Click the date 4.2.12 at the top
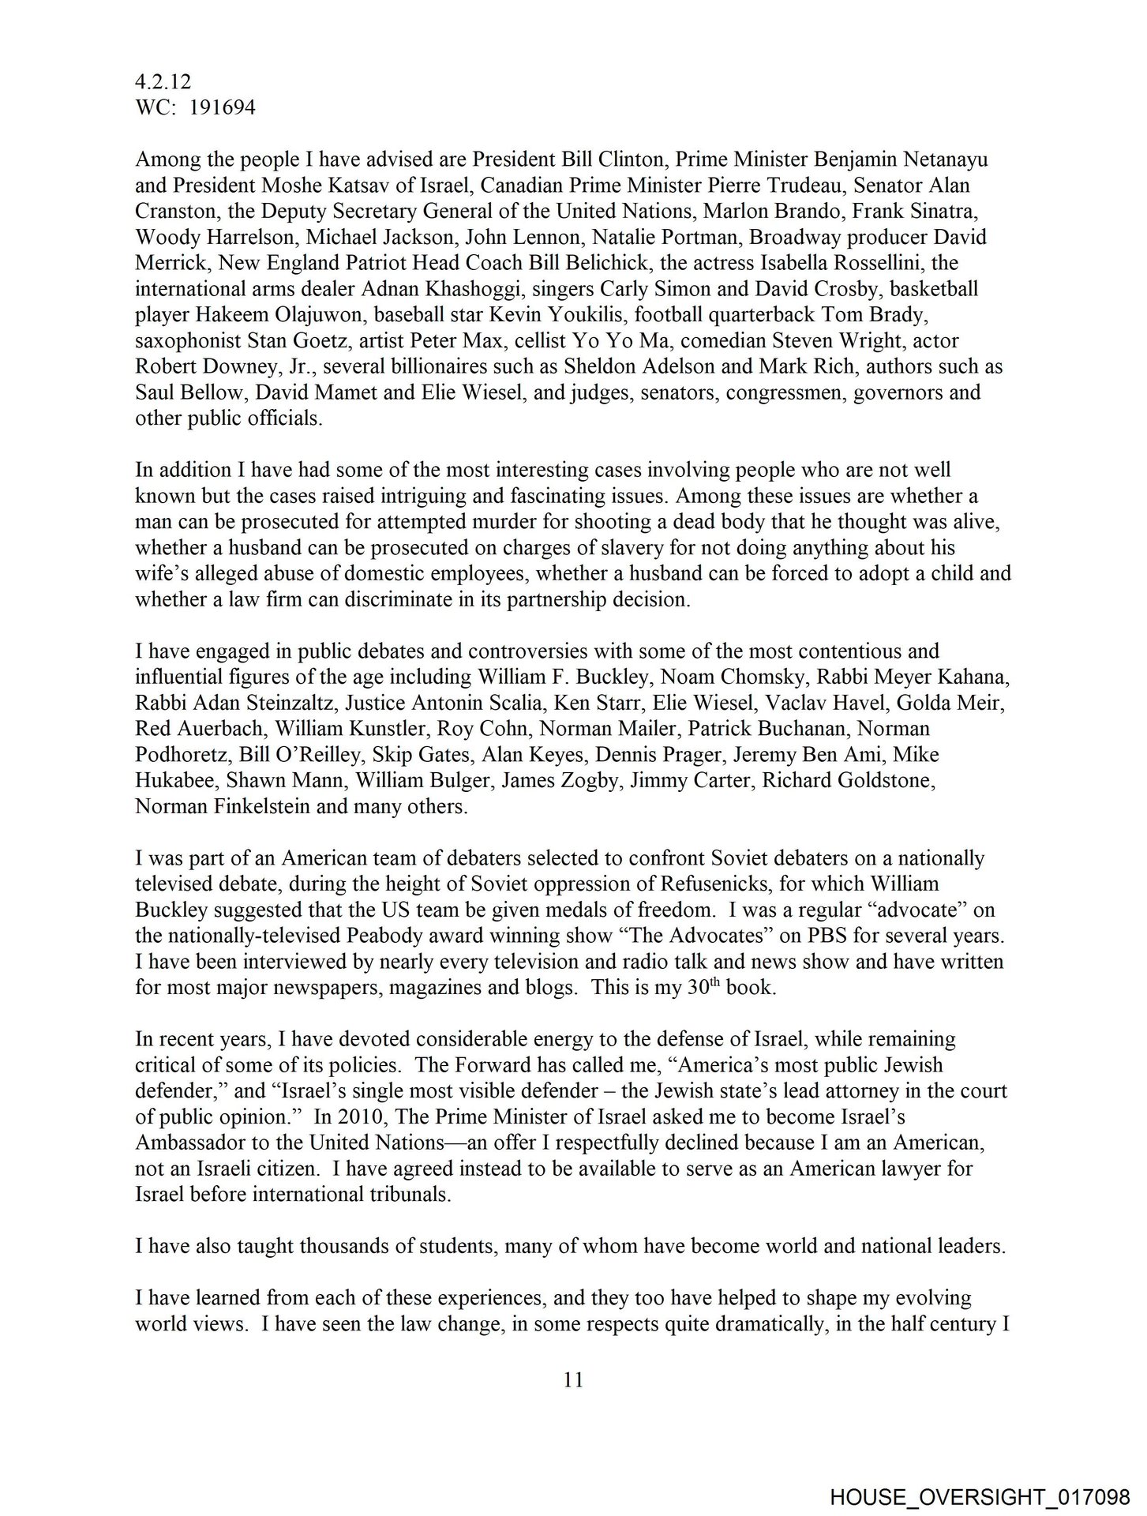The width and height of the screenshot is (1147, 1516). pyautogui.click(x=163, y=81)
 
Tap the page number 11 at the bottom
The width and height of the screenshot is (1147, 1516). pyautogui.click(x=573, y=1379)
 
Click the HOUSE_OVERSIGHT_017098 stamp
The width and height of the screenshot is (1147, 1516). pyautogui.click(x=980, y=1494)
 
